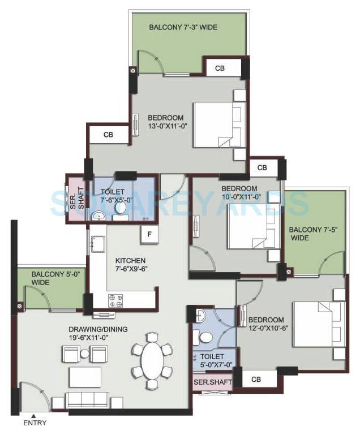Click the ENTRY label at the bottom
pyautogui.click(x=35, y=423)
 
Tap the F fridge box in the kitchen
pyautogui.click(x=149, y=234)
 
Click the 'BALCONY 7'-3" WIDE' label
pyautogui.click(x=183, y=27)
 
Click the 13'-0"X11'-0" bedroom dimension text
pyautogui.click(x=165, y=126)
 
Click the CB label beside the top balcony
pyautogui.click(x=221, y=68)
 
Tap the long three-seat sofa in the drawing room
pyautogui.click(x=90, y=400)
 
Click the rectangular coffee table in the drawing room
pyautogui.click(x=85, y=376)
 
